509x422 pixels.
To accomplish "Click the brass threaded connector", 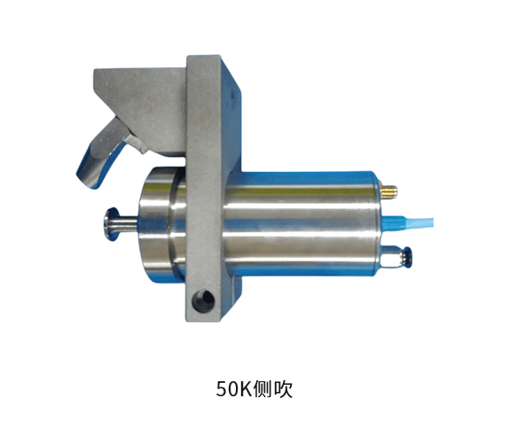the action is coord(388,191).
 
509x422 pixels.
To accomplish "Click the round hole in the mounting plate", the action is coord(203,300).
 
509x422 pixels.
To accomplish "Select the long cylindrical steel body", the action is coord(301,224).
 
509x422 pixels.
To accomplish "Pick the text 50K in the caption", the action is coord(234,388).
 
